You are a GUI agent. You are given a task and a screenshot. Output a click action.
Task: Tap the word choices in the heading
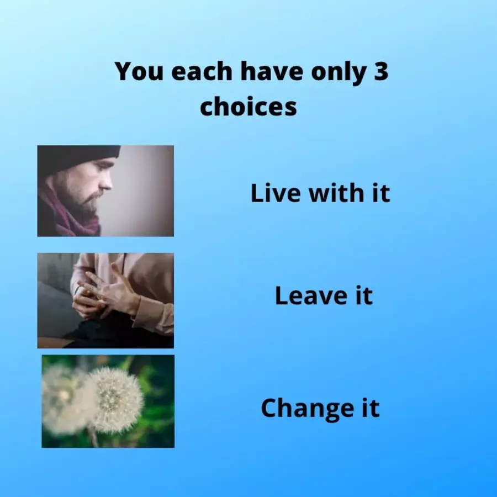click(248, 106)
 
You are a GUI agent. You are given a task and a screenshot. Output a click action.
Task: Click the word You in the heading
click(139, 71)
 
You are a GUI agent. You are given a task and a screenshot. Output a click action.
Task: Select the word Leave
click(311, 295)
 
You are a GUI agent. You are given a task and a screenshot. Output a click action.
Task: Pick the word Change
click(307, 409)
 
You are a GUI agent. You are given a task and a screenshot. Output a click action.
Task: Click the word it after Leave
click(364, 295)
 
